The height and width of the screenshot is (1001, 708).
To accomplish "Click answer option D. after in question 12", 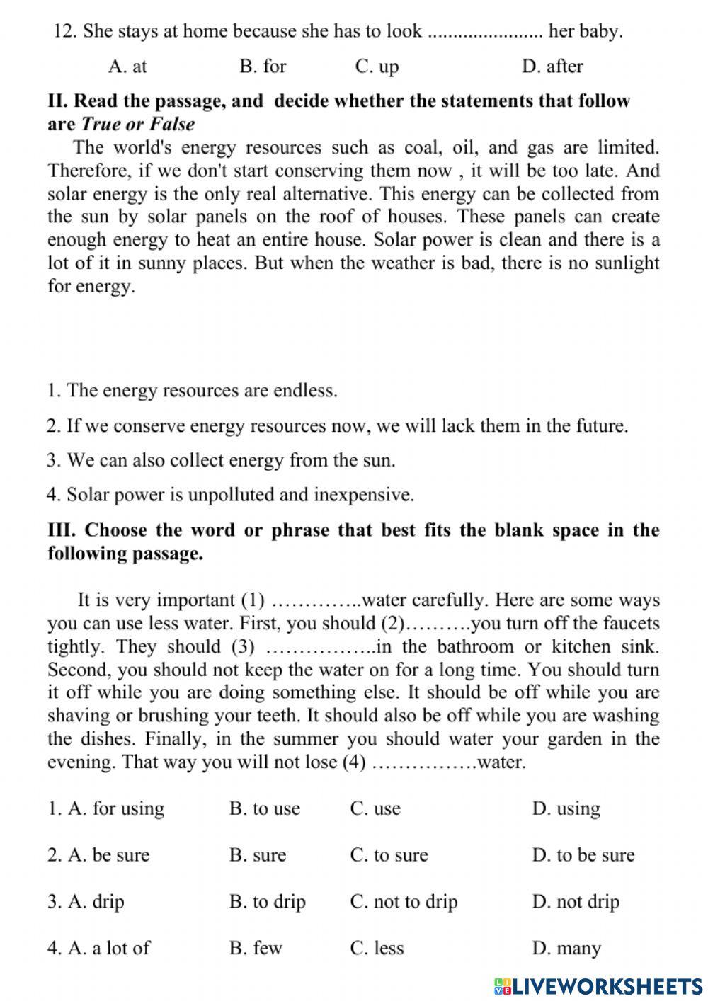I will point(552,67).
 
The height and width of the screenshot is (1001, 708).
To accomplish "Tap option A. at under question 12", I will point(127,67).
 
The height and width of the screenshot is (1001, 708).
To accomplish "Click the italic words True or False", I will point(138,124).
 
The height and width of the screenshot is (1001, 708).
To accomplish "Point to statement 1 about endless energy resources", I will point(192,390).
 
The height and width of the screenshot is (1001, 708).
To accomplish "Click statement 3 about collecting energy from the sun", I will point(221,460).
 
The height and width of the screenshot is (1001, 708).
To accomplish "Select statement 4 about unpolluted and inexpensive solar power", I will point(230,494).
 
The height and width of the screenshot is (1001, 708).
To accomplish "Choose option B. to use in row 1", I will point(265,808).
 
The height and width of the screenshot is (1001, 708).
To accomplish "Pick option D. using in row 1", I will point(566,808).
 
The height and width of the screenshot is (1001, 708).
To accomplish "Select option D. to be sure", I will point(583,854).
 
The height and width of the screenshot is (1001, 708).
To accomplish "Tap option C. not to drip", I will point(404,901).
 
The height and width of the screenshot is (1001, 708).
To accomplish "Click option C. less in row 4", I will point(377,947).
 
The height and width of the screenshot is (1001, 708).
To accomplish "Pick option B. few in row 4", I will point(256,947).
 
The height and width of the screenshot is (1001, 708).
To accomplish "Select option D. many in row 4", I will point(566,947).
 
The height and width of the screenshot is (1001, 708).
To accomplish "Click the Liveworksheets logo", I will point(598,986).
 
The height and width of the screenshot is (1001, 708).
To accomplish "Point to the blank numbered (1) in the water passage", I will point(316,602).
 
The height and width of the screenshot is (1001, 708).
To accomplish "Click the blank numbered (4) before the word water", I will point(424,764).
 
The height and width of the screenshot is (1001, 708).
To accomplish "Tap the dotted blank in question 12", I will point(486,33).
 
